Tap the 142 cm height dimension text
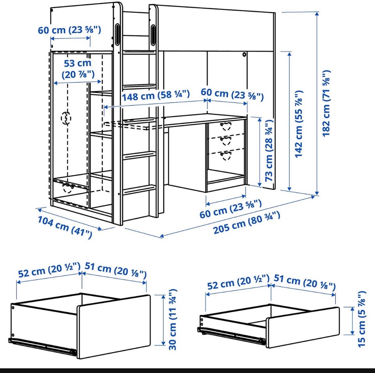point(299,124)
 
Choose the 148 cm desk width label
point(156,95)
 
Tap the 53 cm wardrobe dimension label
point(78,69)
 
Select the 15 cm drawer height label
point(362,319)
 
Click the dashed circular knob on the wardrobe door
point(66,118)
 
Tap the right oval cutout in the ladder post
point(152,35)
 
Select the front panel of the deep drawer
point(114,326)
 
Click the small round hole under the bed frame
point(244,55)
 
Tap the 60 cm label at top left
point(70,30)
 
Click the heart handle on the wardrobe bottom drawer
point(68,188)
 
